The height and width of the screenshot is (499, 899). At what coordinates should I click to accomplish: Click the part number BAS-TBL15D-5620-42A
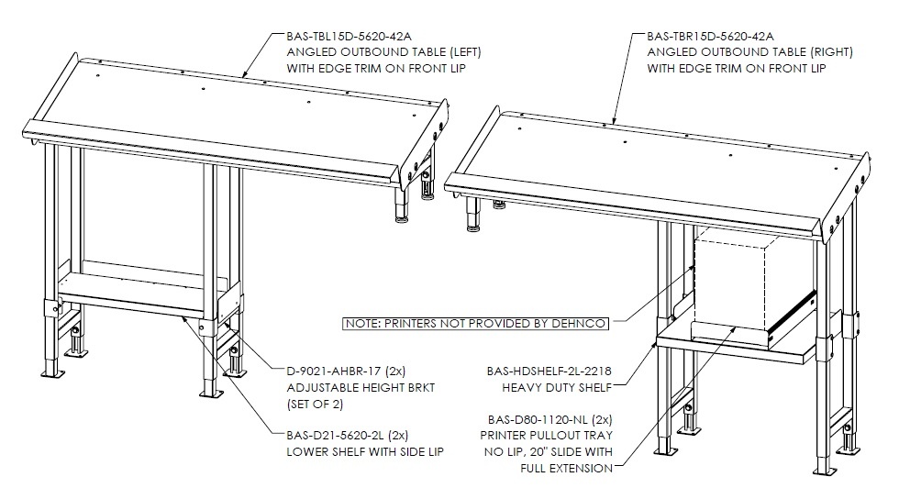point(349,36)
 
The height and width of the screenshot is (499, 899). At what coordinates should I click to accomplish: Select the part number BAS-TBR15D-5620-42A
point(710,36)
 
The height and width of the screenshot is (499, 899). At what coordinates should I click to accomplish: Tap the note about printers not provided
point(475,324)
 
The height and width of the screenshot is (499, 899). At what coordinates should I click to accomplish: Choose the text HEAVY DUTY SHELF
point(557,388)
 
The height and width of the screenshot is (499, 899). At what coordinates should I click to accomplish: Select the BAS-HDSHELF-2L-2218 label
point(549,371)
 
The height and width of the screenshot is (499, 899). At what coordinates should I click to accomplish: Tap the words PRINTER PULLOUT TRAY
point(547,436)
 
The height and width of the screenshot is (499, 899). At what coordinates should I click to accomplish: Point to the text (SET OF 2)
point(315,404)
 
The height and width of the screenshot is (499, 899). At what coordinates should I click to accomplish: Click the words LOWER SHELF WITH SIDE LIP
point(365,452)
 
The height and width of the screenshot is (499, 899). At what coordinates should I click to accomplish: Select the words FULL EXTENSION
point(567,468)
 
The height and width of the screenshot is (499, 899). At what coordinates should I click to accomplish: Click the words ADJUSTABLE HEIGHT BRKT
point(361,388)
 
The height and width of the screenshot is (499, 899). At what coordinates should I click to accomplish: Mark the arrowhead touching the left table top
point(246,72)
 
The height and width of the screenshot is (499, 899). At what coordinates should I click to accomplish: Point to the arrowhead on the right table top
point(614,119)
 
